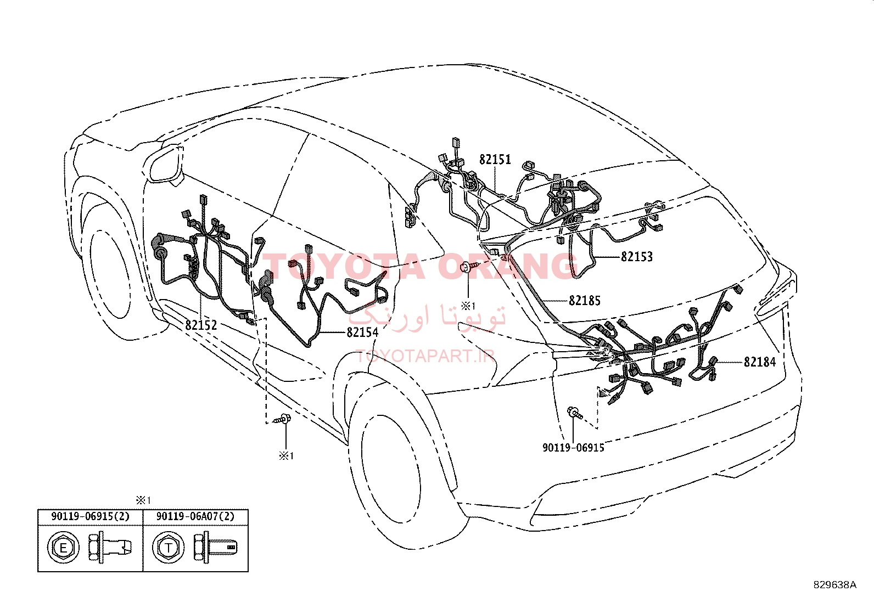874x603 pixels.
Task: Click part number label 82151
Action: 495,160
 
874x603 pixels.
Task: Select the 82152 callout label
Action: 201,325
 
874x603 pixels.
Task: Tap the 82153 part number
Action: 637,257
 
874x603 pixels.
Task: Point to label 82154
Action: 362,333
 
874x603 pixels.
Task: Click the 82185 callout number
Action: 585,301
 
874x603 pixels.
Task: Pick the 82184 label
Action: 760,362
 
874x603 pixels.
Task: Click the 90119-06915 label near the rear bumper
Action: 573,447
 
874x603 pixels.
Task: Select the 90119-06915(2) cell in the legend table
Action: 90,516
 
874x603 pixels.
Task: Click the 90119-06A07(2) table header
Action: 195,516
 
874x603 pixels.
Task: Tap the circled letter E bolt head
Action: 63,548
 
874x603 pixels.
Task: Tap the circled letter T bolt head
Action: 168,548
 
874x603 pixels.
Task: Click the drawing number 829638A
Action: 834,585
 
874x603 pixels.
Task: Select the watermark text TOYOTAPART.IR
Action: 425,356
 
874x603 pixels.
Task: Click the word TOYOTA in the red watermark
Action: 344,267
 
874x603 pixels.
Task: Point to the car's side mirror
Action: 166,164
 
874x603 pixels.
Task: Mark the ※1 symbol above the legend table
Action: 143,500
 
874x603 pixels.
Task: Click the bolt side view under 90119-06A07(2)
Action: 215,548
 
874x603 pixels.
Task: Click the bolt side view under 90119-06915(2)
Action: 110,548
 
